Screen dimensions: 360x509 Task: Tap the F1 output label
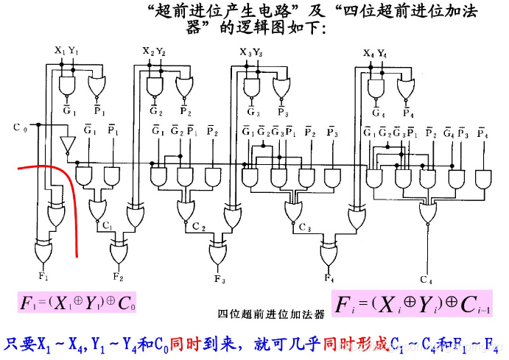[x=43, y=275]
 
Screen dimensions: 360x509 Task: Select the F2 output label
[x=119, y=276]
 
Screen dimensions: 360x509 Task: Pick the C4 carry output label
[x=426, y=278]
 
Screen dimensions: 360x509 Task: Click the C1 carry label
[x=108, y=225]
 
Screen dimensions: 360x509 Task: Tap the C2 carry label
[x=199, y=227]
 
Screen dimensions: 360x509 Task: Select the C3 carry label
[x=305, y=227]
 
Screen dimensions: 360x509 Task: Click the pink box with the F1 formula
[x=78, y=302]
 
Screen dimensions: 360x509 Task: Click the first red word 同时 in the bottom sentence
[x=184, y=343]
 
